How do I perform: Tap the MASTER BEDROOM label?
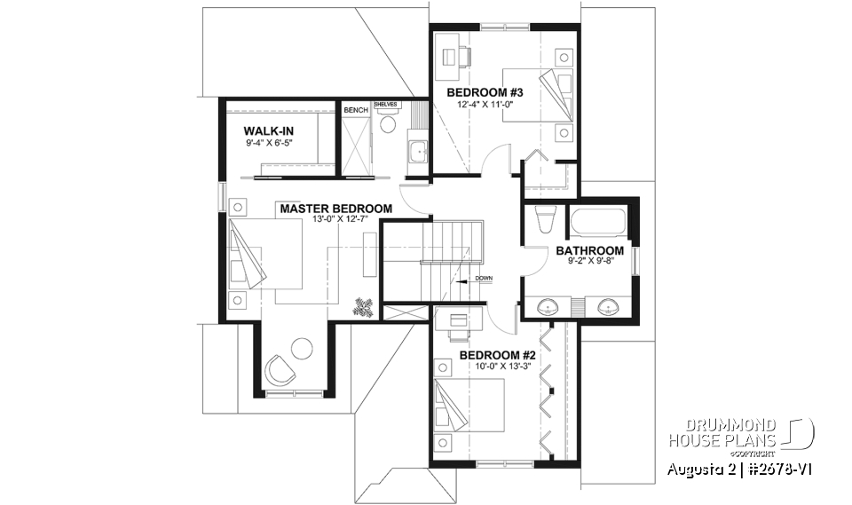tap(336, 209)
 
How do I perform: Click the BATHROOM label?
tap(589, 250)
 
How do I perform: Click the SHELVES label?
tap(386, 104)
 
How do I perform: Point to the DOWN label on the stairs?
tap(483, 279)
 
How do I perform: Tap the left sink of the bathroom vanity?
tap(548, 308)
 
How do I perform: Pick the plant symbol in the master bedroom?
tap(363, 307)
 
